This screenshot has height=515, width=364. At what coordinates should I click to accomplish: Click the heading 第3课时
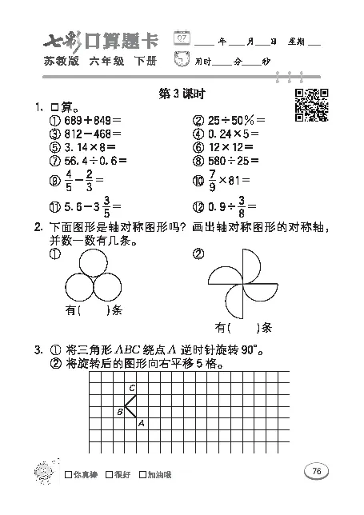click(x=182, y=94)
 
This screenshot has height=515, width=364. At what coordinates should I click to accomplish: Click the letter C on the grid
click(x=131, y=387)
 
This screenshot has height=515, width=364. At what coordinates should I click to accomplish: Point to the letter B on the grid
click(x=119, y=412)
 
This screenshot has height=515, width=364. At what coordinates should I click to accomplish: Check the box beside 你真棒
click(x=69, y=474)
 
